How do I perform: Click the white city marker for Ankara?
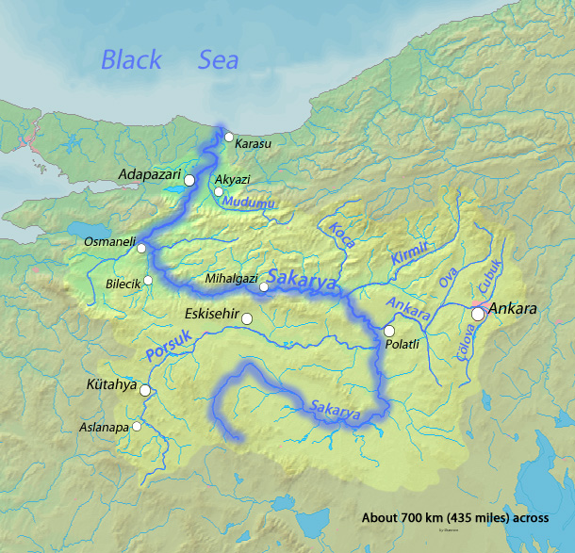(x=478, y=315)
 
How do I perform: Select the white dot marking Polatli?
(x=388, y=331)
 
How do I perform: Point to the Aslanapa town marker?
(x=137, y=426)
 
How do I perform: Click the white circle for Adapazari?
(x=189, y=179)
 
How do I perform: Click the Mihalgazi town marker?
(x=265, y=287)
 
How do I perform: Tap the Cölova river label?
(x=464, y=336)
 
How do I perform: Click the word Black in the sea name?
(x=132, y=60)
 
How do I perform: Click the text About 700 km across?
(x=459, y=518)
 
